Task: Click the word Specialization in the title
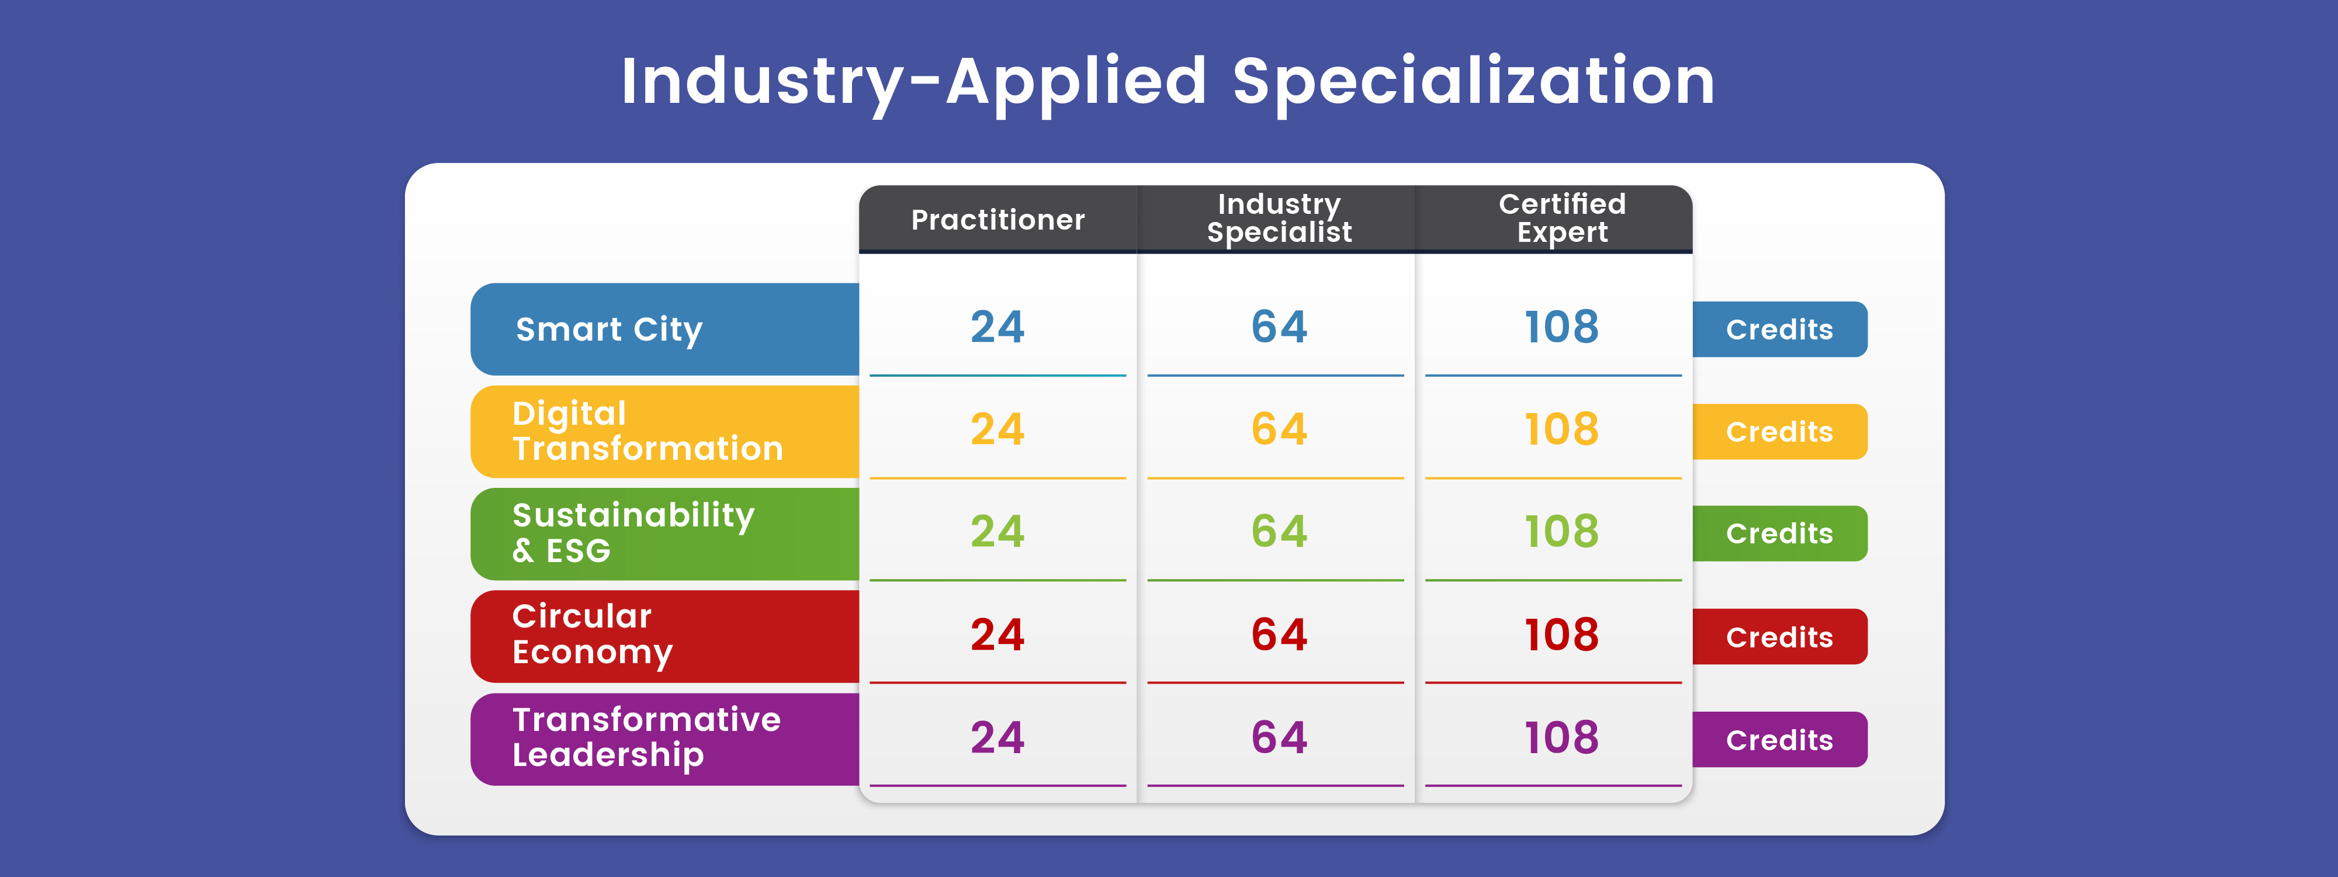click(x=1473, y=82)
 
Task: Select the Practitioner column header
click(x=997, y=220)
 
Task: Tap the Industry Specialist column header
click(x=1279, y=219)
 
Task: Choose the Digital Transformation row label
click(x=646, y=431)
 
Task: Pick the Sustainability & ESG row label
click(x=633, y=533)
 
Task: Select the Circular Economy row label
click(x=592, y=635)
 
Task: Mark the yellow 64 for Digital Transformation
click(x=1279, y=429)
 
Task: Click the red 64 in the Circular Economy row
click(x=1279, y=635)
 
